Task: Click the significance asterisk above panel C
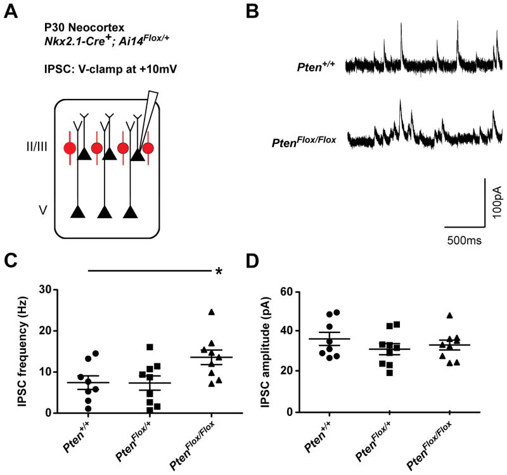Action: click(x=219, y=271)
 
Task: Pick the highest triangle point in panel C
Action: click(x=212, y=311)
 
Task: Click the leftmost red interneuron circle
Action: click(x=69, y=149)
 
